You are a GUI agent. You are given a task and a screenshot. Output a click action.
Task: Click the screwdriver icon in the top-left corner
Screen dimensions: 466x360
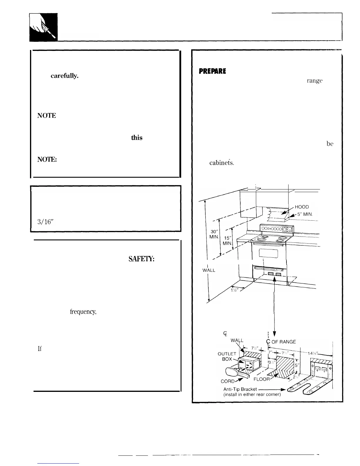(44, 27)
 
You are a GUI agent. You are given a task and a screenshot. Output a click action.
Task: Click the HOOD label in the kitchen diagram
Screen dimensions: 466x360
(301, 207)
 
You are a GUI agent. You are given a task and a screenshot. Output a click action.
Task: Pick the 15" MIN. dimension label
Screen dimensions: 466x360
(227, 241)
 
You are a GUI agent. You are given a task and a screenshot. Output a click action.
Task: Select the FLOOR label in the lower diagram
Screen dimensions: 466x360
(261, 379)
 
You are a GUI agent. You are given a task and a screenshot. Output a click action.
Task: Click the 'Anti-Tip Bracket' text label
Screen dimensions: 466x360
(240, 389)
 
